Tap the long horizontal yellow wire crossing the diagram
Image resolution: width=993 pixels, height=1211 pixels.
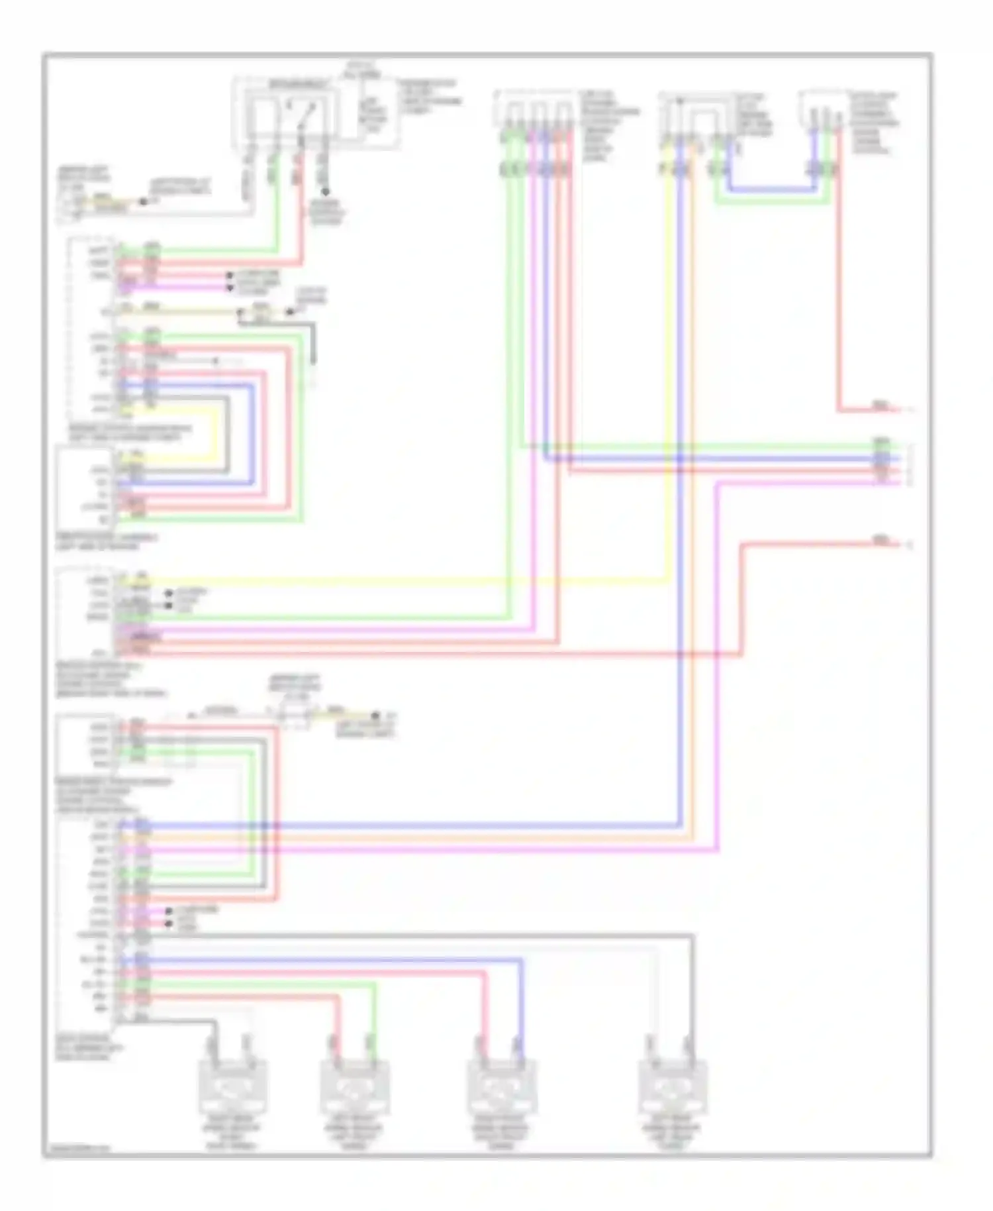tap(397, 583)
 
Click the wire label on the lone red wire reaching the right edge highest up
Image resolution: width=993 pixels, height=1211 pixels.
tap(880, 406)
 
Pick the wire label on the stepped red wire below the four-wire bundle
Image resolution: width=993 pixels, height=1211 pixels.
tap(880, 541)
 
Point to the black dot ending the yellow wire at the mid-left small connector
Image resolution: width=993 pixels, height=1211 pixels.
tap(376, 715)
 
